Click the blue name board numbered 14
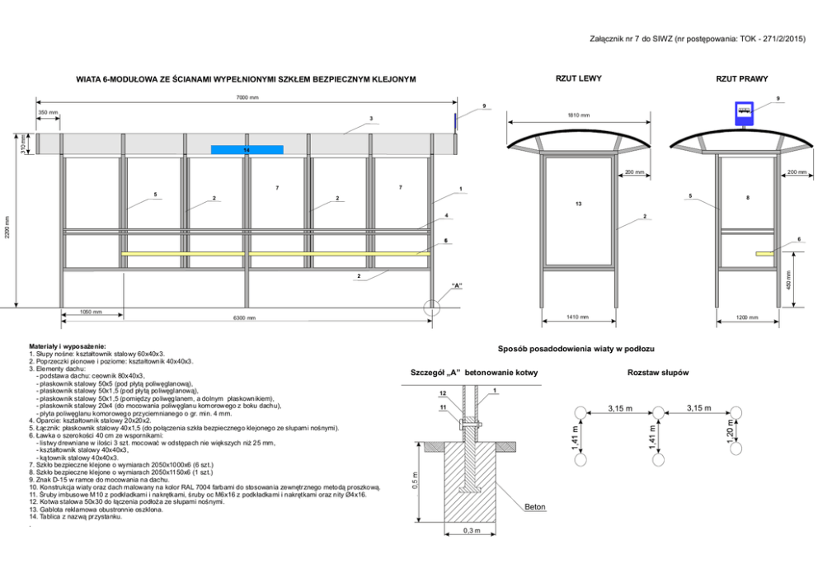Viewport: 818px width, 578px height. (x=247, y=150)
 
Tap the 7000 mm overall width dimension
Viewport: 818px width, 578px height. (x=247, y=97)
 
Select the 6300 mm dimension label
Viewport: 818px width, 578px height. (x=245, y=317)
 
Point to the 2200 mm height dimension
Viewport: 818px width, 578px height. (x=7, y=228)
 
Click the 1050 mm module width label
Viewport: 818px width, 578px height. (x=91, y=312)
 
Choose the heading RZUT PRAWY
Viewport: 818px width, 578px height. (x=742, y=79)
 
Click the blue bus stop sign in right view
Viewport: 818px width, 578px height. (x=744, y=113)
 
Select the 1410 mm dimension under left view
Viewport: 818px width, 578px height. (x=578, y=317)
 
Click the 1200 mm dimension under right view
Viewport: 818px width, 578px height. (x=747, y=317)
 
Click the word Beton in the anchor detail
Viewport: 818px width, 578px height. (x=535, y=507)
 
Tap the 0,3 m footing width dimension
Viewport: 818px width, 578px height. (x=471, y=530)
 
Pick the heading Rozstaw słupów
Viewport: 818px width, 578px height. (x=657, y=374)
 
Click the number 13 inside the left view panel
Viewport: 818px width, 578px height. (x=578, y=203)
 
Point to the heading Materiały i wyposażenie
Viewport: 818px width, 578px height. (x=68, y=346)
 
